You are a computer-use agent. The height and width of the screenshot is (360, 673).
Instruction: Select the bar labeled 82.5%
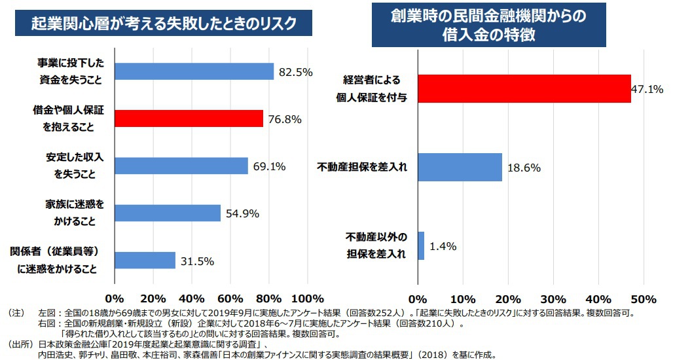click(194, 71)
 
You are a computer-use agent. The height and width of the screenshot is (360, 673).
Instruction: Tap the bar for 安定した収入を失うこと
click(181, 166)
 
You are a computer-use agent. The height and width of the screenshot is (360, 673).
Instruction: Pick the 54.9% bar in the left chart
click(168, 213)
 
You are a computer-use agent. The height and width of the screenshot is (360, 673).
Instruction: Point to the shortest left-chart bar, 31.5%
click(145, 261)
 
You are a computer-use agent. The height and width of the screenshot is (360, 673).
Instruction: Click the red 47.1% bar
click(524, 88)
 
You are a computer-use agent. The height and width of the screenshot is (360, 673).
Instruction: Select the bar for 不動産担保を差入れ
click(460, 167)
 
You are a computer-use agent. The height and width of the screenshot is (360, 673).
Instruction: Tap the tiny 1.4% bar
click(421, 246)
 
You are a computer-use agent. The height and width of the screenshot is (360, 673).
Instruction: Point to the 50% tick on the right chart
click(644, 299)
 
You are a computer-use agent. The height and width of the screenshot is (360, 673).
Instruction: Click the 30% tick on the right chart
click(553, 299)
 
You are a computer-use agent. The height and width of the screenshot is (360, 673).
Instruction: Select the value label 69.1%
click(269, 166)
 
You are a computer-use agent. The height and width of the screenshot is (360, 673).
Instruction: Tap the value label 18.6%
click(524, 168)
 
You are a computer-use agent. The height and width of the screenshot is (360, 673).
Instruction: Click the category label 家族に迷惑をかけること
click(75, 213)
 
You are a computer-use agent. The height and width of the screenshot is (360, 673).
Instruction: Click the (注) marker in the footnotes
click(16, 314)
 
